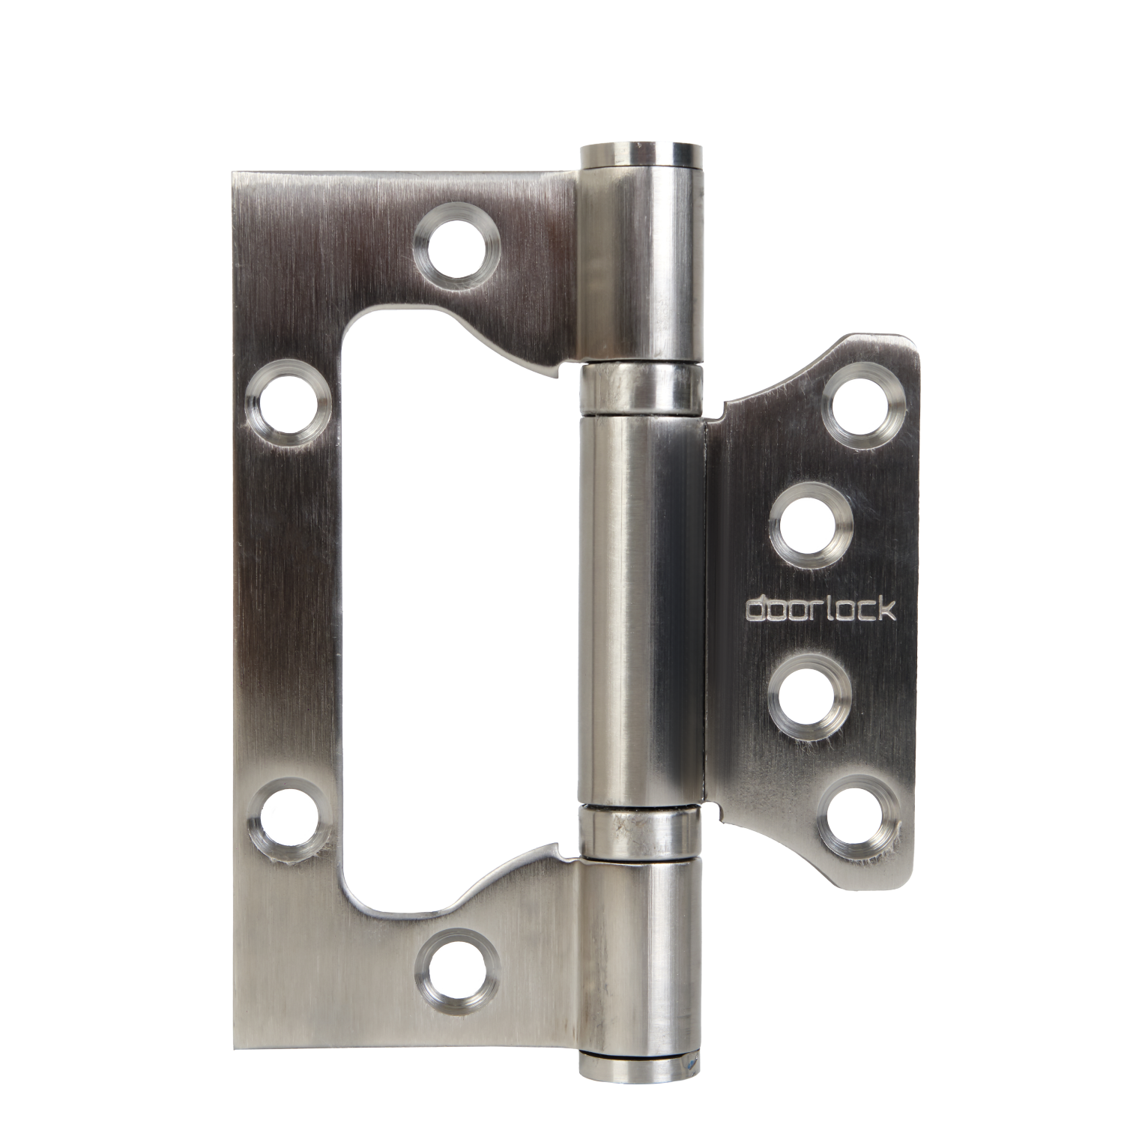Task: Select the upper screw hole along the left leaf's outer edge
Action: point(288,405)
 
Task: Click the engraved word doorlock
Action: point(820,610)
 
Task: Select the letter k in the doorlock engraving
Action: point(886,609)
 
